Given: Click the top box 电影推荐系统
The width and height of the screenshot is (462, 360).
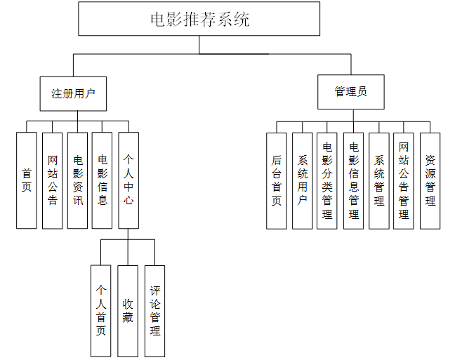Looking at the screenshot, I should [x=199, y=19].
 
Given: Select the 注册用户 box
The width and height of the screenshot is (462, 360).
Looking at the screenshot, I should [x=73, y=93].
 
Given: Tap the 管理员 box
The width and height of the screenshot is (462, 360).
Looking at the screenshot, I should [x=350, y=92].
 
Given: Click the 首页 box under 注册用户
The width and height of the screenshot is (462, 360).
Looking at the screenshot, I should [x=27, y=180].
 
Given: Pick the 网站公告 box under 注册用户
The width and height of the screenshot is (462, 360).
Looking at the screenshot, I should [x=52, y=180].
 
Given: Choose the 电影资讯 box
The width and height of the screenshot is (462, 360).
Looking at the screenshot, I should [x=77, y=180].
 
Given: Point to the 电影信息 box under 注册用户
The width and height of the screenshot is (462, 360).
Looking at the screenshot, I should [x=102, y=180].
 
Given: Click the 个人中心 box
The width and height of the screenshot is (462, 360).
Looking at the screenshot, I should [x=128, y=180].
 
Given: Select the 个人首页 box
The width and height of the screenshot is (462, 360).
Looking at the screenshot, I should [x=100, y=310].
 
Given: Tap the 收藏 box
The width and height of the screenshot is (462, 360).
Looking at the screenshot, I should [x=127, y=310].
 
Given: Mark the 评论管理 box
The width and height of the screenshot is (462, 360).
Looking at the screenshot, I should [x=154, y=310].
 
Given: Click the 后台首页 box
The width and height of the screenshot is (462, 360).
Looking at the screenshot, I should [x=277, y=180].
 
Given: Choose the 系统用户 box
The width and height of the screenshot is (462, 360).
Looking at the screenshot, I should [x=303, y=180].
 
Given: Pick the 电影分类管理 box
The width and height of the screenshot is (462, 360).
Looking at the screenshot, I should [x=327, y=180].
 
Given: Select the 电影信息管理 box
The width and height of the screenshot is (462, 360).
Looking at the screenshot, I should [x=353, y=180].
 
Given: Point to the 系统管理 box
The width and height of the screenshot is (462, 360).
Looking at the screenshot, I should [x=379, y=180].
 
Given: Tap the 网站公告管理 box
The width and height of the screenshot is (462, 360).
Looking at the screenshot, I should [x=404, y=180].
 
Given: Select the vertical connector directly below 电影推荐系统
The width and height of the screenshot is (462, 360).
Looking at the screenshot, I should [x=199, y=44].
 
